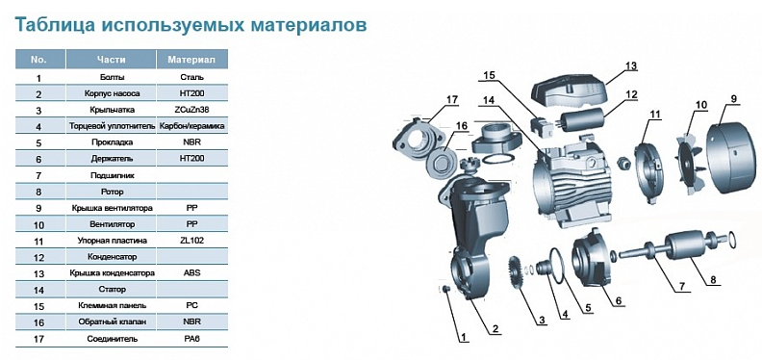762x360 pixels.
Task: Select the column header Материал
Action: point(191,60)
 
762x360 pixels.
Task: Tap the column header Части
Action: point(111,60)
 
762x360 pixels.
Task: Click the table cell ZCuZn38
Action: point(191,110)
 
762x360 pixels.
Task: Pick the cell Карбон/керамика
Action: point(191,126)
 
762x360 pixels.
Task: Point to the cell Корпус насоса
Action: point(112,93)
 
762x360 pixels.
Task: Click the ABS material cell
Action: point(191,273)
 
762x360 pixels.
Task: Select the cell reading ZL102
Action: point(191,241)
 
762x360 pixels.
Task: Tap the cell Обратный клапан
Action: point(112,321)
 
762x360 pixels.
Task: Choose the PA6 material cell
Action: point(191,338)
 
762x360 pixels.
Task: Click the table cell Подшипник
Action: point(112,175)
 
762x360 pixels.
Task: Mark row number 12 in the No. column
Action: point(38,257)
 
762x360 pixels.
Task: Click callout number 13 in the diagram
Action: point(631,65)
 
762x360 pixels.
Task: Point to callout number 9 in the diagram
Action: point(734,99)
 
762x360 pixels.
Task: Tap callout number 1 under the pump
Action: point(463,337)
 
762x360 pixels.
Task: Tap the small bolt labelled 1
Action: point(445,290)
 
